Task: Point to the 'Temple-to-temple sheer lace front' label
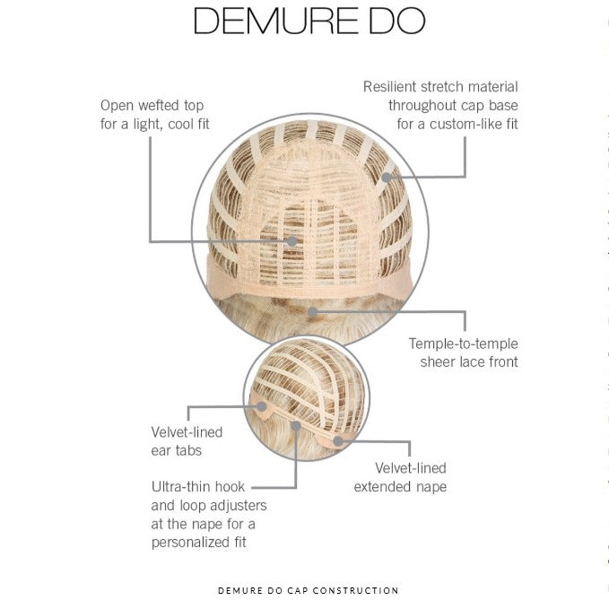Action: click(463, 353)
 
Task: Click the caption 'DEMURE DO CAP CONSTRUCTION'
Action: click(308, 590)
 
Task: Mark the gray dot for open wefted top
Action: click(292, 241)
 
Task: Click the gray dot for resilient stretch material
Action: click(387, 177)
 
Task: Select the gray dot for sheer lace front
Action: click(311, 312)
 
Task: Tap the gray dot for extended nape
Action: click(338, 440)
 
